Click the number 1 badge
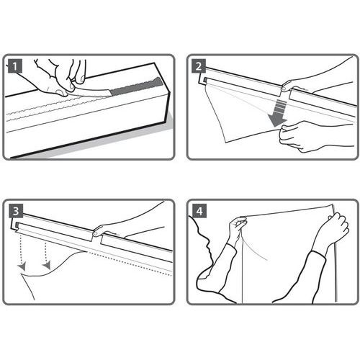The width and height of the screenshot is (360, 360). click(x=15, y=66)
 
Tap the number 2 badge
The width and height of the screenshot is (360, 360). click(x=199, y=66)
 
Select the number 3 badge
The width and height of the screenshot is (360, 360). click(x=16, y=211)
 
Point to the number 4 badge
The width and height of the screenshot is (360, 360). click(x=199, y=211)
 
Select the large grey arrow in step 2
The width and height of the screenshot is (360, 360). click(x=279, y=113)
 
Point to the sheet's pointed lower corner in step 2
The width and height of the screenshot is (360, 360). click(x=225, y=142)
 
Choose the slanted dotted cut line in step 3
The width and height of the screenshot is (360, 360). click(x=130, y=263)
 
